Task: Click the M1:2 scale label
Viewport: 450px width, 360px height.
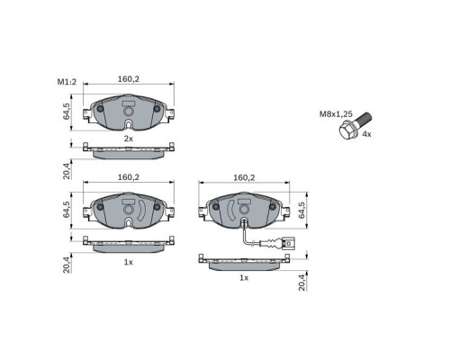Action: pos(67,82)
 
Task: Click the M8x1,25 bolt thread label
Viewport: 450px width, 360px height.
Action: pos(336,114)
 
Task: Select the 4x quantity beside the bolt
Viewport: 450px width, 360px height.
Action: pos(366,134)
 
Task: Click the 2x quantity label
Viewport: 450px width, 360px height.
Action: pos(129,139)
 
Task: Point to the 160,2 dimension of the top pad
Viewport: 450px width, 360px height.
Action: pos(129,79)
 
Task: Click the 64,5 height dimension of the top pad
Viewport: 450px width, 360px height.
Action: pos(67,112)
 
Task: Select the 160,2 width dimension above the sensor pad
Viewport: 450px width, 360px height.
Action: pos(244,178)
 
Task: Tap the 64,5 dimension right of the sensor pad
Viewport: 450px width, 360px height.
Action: pos(301,210)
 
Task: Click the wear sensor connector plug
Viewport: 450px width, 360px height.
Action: pos(288,243)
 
